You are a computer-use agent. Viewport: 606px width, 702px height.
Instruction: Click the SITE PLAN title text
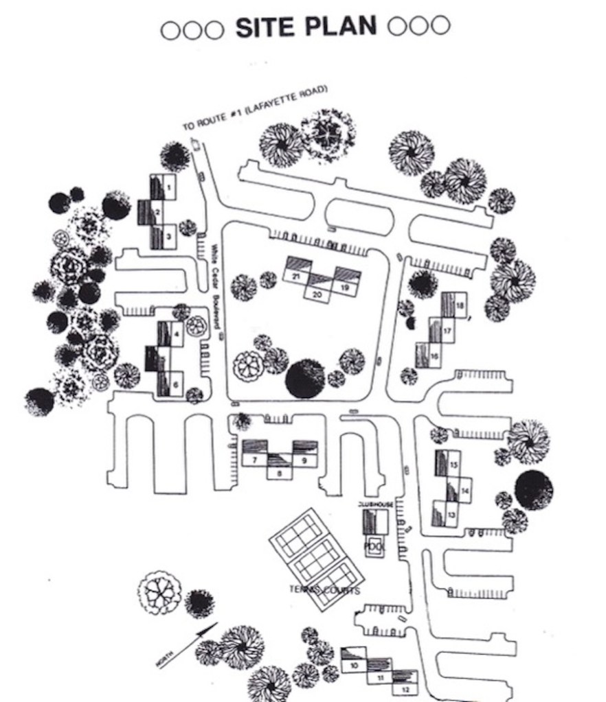pos(306,26)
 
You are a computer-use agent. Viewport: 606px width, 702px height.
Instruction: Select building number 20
pos(317,294)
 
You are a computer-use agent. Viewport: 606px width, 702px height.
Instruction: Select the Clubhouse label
pos(375,505)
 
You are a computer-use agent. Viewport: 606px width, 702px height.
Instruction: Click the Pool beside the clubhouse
pos(374,546)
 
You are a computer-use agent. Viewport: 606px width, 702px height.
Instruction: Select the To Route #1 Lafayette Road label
pos(254,108)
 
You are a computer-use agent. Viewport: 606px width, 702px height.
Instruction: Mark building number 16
pos(434,356)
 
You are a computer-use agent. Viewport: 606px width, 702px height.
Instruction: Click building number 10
pos(355,665)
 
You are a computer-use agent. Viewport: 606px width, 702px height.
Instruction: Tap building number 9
pos(304,460)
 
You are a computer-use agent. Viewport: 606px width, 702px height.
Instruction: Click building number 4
pos(177,335)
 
